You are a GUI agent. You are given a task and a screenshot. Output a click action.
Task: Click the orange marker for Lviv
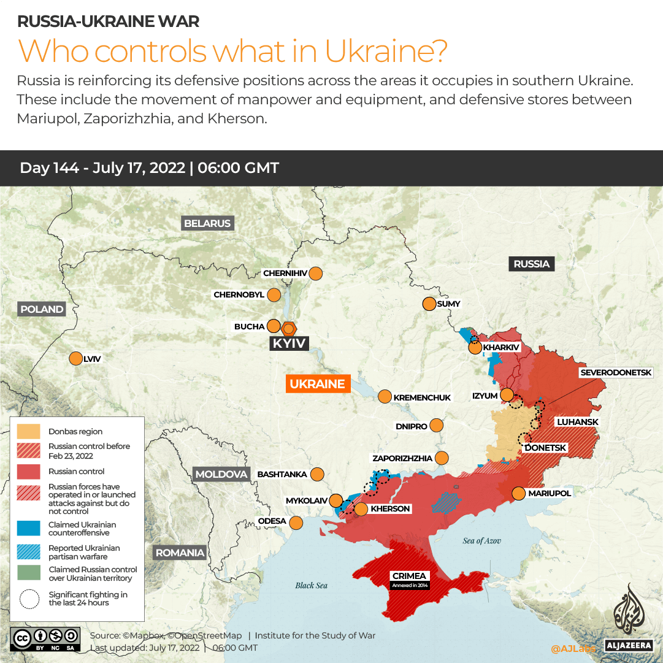pos(75,359)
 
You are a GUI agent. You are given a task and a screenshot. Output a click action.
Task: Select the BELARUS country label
pos(207,223)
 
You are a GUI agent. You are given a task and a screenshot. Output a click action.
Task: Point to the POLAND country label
pos(42,309)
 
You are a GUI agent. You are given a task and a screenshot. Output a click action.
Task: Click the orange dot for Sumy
pos(428,304)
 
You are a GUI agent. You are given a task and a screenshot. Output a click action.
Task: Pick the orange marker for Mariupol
pos(518,493)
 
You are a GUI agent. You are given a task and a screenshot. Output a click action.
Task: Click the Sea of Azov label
pos(481,540)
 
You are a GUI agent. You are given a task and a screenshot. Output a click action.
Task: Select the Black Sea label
pos(311,585)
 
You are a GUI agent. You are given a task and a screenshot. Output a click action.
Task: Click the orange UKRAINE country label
pos(317,384)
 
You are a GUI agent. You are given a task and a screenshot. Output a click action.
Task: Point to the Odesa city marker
pos(296,523)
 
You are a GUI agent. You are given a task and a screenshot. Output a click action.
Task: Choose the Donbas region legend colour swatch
pos(28,431)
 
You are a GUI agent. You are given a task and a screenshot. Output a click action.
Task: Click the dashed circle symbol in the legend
pos(28,599)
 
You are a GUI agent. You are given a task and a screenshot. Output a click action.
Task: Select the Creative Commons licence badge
pos(45,638)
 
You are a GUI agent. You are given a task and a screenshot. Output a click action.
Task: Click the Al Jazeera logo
pos(629,616)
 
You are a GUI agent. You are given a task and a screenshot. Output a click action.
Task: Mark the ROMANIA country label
pos(180,553)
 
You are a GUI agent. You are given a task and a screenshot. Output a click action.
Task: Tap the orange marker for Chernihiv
pos(316,273)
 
